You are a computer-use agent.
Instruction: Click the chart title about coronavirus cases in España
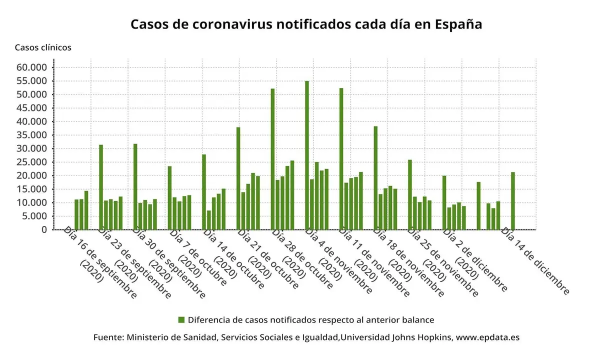[306, 24]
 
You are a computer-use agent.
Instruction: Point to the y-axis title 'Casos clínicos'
[43, 47]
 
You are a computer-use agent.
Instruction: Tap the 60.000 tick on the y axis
[31, 67]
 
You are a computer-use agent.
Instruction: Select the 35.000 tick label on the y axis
[31, 135]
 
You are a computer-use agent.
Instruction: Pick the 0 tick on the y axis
[44, 229]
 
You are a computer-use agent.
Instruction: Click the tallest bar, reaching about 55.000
[307, 155]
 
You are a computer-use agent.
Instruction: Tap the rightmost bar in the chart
[513, 200]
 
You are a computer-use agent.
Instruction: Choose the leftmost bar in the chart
[76, 214]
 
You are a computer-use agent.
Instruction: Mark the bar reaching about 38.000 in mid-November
[375, 177]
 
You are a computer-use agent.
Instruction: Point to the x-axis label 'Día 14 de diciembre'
[535, 260]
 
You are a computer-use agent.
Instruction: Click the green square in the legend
[181, 319]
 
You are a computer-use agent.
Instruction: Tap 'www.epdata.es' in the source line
[487, 337]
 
